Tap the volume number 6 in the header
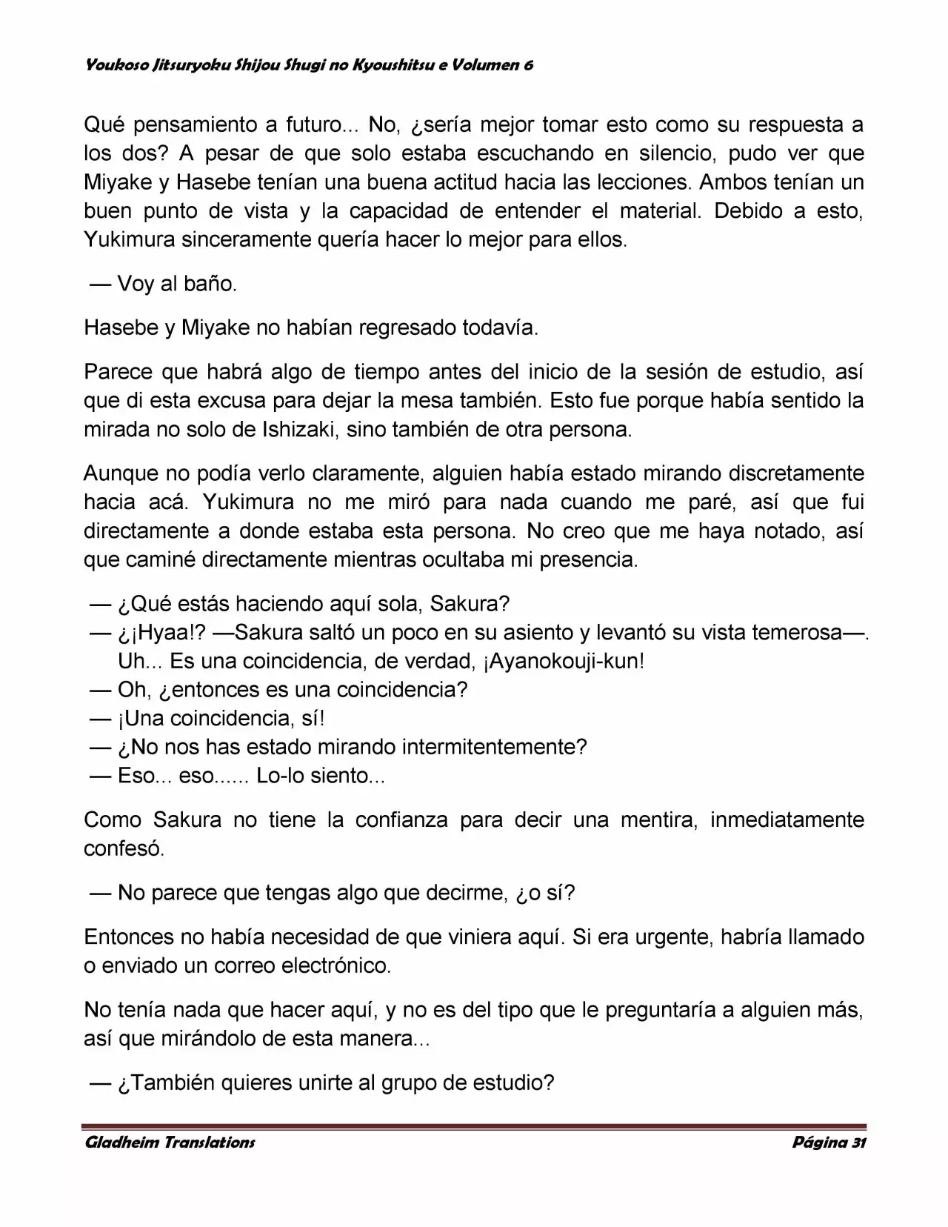[x=528, y=65]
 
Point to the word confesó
[x=124, y=849]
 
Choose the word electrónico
[x=340, y=965]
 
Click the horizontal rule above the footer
[x=474, y=1126]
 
